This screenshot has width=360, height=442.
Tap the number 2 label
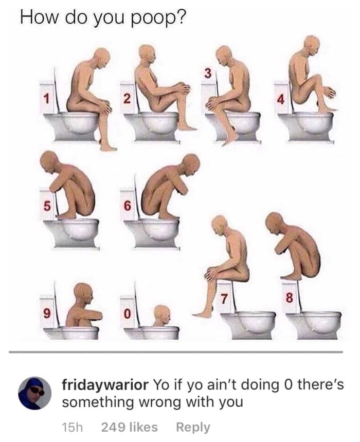[128, 98]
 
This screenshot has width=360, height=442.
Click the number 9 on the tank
[47, 312]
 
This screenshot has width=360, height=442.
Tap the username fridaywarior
[105, 385]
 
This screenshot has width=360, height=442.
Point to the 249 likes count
[130, 427]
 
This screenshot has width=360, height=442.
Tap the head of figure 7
[220, 224]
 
